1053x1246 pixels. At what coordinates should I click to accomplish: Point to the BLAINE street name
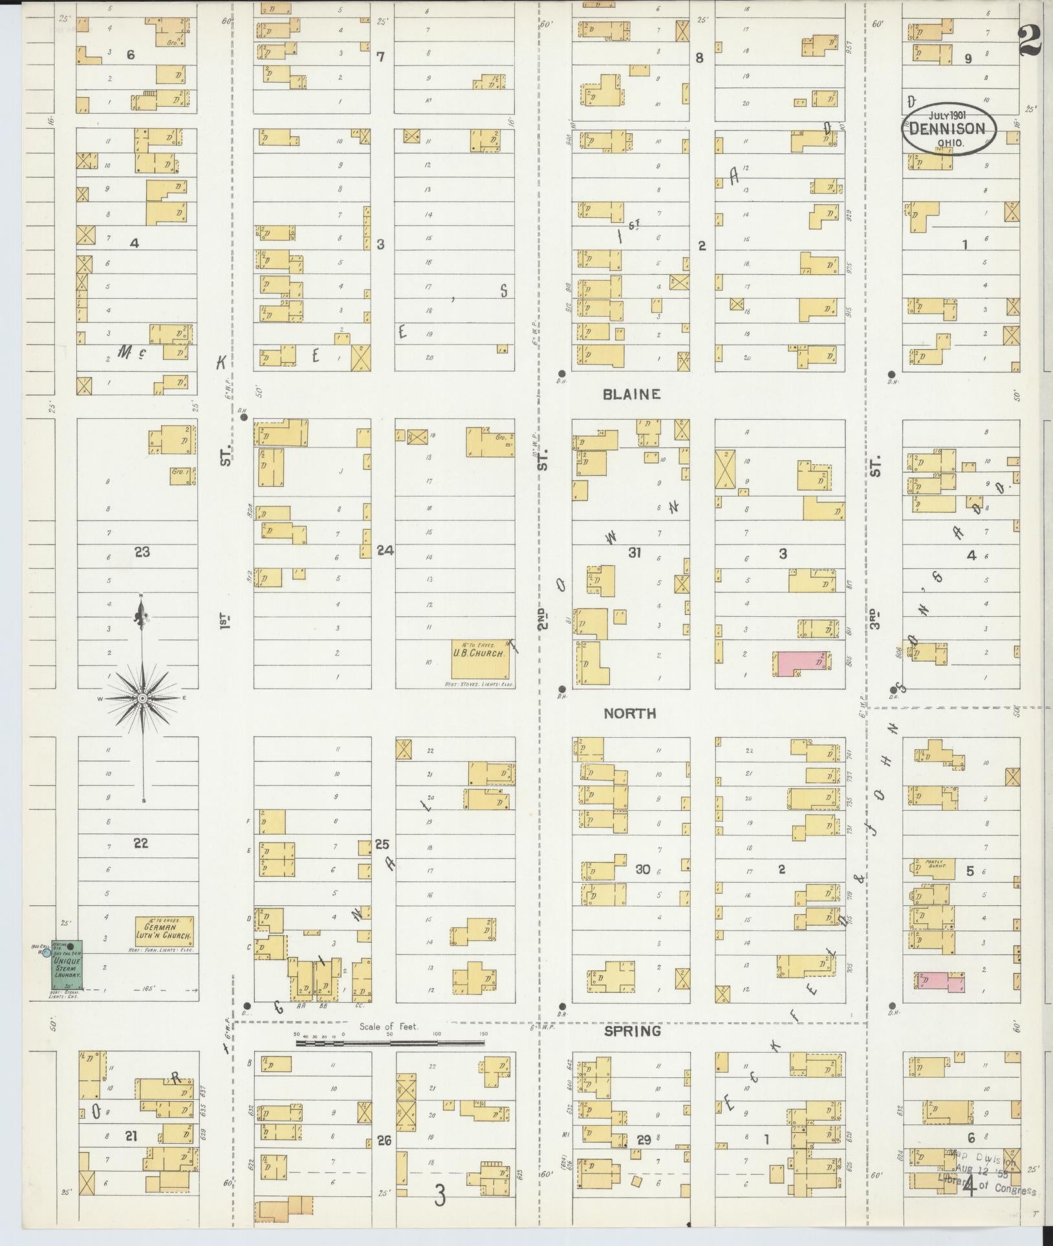[x=631, y=394]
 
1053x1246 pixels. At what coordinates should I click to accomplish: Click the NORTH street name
[x=629, y=713]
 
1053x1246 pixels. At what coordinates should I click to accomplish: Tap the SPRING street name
[x=632, y=1031]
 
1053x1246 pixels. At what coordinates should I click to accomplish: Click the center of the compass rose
[x=142, y=698]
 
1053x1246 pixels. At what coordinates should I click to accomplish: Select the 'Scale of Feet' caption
[x=389, y=1027]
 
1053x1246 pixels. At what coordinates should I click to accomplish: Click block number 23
[x=142, y=552]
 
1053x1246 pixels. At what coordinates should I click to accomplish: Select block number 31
[x=635, y=552]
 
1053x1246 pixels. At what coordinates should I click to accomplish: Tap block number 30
[x=642, y=869]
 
